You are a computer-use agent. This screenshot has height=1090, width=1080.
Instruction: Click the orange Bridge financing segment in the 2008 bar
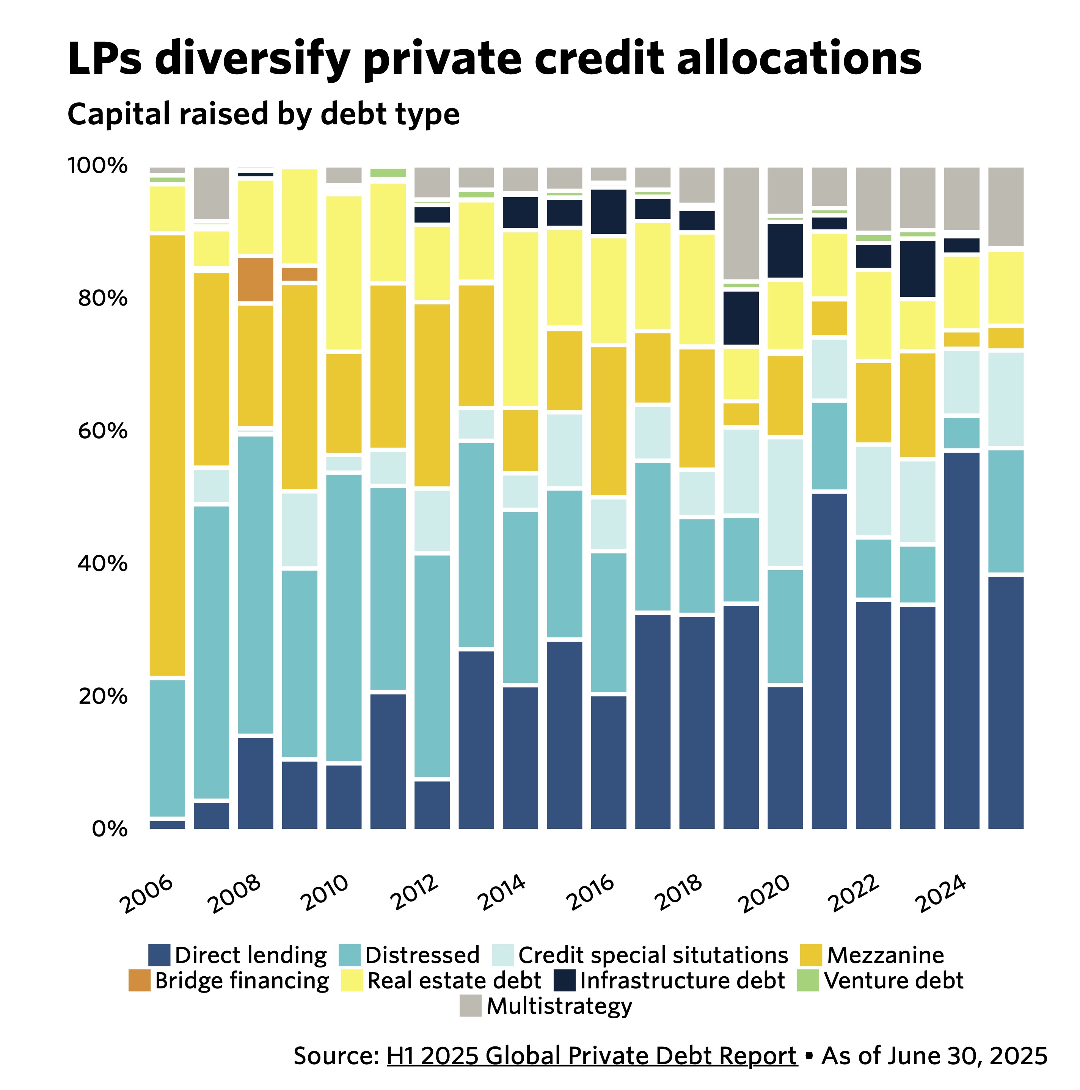pos(256,279)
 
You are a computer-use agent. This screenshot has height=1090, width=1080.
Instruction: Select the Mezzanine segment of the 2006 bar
pos(167,454)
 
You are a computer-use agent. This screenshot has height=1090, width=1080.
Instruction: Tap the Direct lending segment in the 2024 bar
pos(962,640)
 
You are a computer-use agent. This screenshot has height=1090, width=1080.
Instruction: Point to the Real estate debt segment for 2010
pos(344,273)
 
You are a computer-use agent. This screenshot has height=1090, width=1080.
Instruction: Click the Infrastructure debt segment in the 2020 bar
pos(785,251)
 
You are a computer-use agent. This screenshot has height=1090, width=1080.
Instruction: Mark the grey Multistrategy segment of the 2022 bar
pos(873,199)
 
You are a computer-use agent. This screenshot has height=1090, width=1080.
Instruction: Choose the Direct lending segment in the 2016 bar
pos(608,762)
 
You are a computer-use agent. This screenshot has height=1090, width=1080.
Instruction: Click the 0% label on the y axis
pos(109,829)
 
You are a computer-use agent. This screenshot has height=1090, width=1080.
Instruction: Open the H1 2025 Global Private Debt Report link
pos(591,1055)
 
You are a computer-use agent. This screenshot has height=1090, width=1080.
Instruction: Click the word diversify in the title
pos(252,59)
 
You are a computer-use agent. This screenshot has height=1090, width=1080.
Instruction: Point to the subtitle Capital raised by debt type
pos(264,114)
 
